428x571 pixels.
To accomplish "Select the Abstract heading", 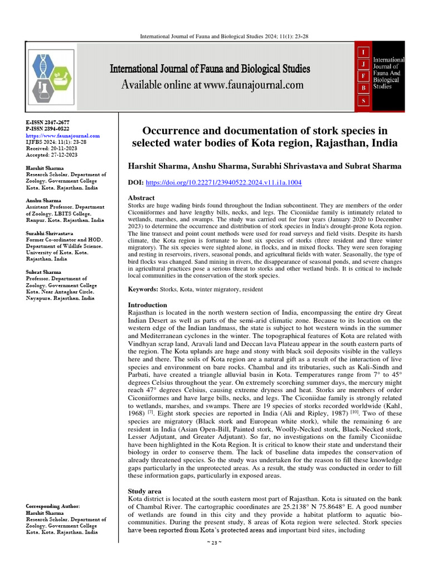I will click(x=142, y=198).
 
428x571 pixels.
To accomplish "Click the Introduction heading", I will click(x=148, y=305).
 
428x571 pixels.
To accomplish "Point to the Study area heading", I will click(x=145, y=491).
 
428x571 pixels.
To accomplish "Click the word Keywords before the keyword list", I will click(x=143, y=290).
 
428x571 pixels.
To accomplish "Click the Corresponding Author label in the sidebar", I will click(x=53, y=506).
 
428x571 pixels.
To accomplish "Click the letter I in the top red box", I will click(x=363, y=52).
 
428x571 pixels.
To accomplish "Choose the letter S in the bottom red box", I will click(x=363, y=100).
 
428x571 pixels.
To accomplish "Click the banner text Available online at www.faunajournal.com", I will click(x=213, y=85).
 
